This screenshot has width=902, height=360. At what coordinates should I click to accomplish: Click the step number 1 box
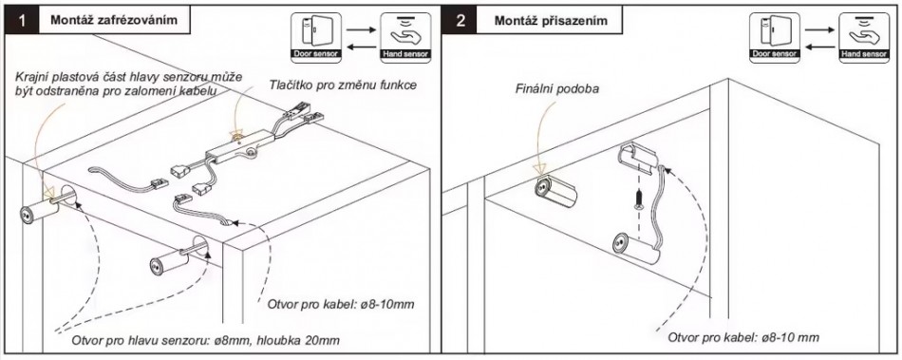point(21,21)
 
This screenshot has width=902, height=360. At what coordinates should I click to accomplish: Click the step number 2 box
point(460,21)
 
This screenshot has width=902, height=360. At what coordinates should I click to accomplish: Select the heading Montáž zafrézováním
point(113,21)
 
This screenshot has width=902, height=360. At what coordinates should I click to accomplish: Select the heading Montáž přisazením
point(551,21)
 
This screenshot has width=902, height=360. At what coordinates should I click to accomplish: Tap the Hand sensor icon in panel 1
point(405,37)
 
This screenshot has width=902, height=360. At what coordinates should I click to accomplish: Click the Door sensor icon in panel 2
point(773,37)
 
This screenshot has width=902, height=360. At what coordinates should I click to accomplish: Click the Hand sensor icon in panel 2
point(863,37)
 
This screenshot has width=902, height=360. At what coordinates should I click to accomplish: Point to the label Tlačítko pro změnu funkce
point(343,85)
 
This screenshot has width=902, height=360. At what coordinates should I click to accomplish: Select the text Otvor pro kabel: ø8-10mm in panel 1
point(341,304)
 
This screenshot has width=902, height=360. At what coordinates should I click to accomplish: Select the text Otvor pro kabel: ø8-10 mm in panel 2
point(743,337)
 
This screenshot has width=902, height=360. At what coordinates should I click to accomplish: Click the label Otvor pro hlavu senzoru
point(137,340)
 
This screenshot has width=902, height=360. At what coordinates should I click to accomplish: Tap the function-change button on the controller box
point(235,137)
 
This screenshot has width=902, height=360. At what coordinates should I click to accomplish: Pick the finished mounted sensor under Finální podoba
point(554,192)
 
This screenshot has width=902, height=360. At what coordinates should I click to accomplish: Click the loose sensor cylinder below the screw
point(636,249)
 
